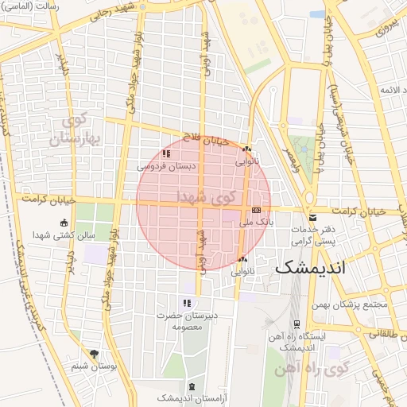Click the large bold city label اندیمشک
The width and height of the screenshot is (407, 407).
pyautogui.click(x=311, y=268)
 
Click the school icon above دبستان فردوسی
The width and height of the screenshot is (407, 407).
pyautogui.click(x=166, y=153)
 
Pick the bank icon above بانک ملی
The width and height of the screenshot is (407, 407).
pyautogui.click(x=256, y=211)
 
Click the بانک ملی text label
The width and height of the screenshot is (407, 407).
pyautogui.click(x=257, y=223)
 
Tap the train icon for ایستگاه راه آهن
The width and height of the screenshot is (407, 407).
pyautogui.click(x=297, y=324)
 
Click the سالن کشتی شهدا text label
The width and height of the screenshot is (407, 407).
pyautogui.click(x=65, y=236)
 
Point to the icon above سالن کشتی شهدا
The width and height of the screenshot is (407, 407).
pyautogui.click(x=64, y=223)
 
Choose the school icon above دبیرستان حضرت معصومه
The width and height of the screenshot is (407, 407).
pyautogui.click(x=187, y=303)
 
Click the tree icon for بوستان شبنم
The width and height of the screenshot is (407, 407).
pyautogui.click(x=95, y=354)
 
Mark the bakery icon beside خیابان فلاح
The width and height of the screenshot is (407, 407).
pyautogui.click(x=246, y=149)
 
